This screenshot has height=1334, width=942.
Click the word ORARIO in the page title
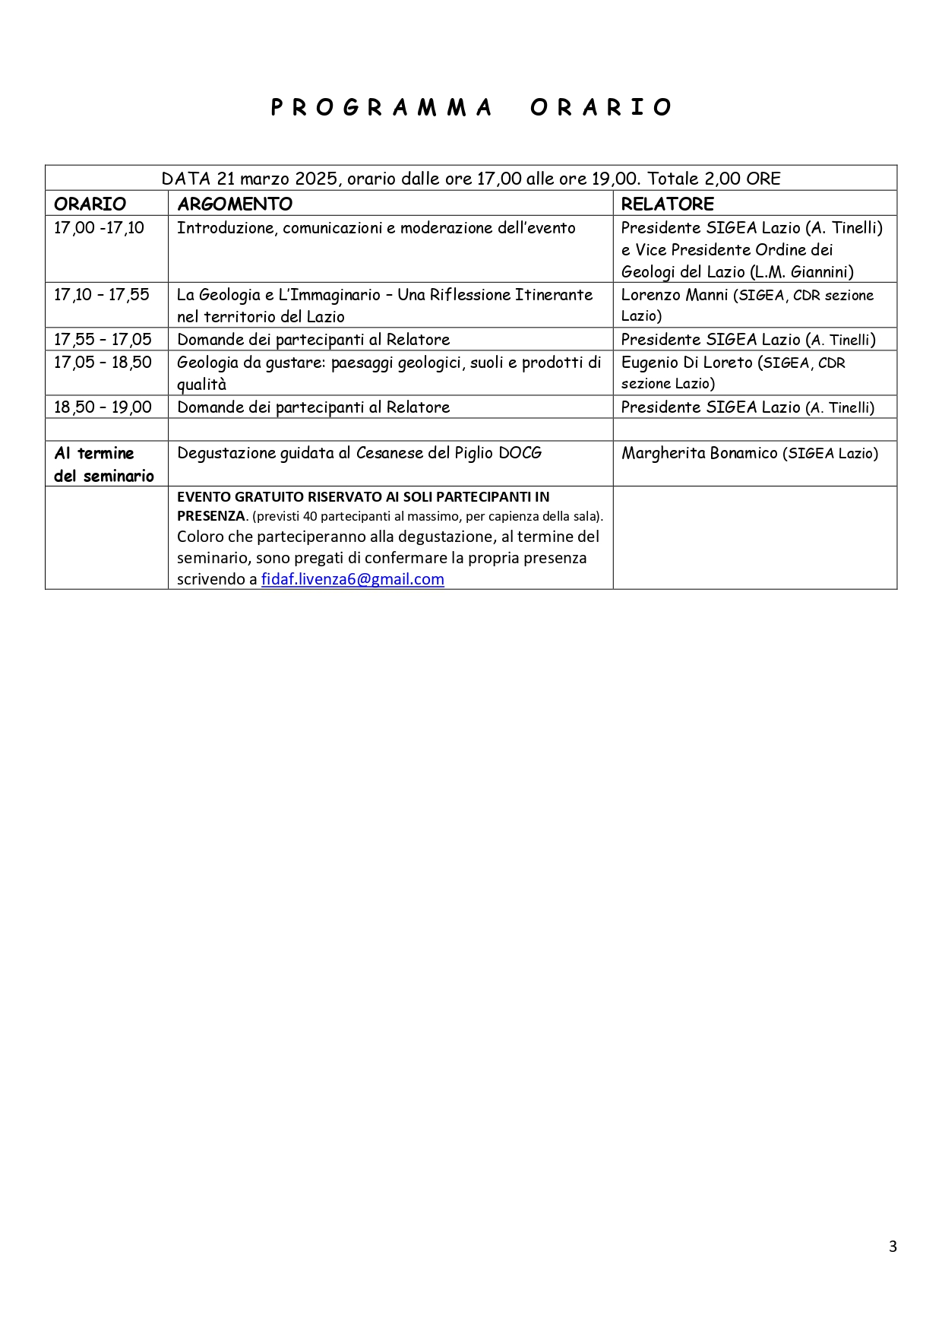[x=601, y=107]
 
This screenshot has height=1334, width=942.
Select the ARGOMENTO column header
[x=235, y=204]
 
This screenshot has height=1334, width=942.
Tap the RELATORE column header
[x=667, y=204]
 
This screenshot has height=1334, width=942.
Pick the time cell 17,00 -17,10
[x=99, y=228]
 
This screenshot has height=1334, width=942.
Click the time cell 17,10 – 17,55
[x=102, y=295]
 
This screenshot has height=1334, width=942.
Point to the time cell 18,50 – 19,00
[x=103, y=407]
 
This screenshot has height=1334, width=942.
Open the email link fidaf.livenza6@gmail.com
[x=352, y=579]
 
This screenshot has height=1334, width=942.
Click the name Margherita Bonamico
[x=699, y=454]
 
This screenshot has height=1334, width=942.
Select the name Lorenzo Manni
[x=674, y=295]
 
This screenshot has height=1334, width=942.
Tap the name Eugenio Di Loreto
[x=687, y=363]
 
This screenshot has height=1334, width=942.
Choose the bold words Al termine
[x=93, y=454]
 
